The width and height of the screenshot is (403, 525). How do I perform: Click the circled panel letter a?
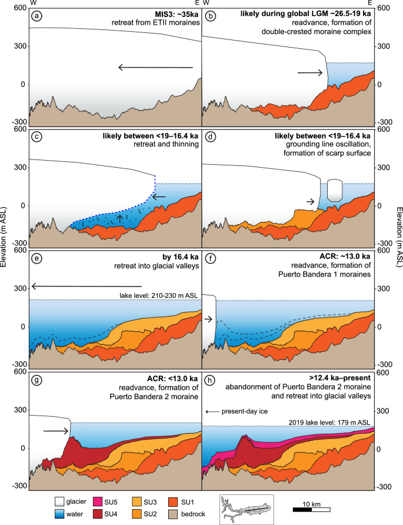(x=36, y=16)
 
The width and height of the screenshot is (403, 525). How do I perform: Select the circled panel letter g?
(x=36, y=380)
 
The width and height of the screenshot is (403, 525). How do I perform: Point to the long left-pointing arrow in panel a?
(x=156, y=68)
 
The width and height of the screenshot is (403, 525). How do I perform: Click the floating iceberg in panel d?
(x=334, y=190)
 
